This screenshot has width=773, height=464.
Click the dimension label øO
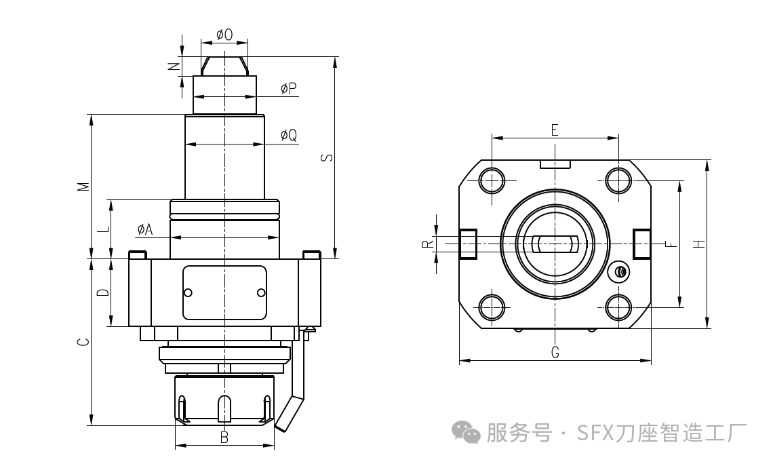click(224, 35)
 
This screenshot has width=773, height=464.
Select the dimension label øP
click(289, 89)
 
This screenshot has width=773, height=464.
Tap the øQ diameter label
click(289, 136)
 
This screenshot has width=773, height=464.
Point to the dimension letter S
click(326, 157)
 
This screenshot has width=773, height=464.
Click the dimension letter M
click(82, 187)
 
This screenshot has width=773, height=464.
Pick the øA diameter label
click(144, 230)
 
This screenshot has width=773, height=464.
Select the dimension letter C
click(82, 342)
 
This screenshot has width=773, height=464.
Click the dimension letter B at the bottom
click(224, 438)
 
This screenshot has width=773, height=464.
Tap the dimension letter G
click(555, 352)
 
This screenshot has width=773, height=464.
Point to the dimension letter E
click(554, 130)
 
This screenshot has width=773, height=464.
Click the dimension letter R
click(427, 244)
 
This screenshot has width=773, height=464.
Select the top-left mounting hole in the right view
click(492, 180)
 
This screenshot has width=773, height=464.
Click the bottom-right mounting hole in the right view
click(618, 307)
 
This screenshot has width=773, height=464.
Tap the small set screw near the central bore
click(619, 272)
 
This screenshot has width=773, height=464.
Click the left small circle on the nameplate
click(188, 292)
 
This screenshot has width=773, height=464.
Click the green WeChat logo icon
click(467, 431)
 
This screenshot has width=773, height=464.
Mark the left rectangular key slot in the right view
click(468, 244)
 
